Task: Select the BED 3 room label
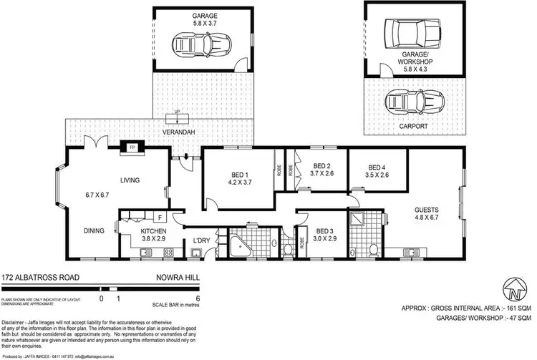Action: point(324,230)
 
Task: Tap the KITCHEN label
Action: point(153,231)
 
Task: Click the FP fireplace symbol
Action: point(132,148)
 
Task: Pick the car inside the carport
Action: point(408,102)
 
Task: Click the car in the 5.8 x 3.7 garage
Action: point(204,45)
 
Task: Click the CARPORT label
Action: point(414,126)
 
